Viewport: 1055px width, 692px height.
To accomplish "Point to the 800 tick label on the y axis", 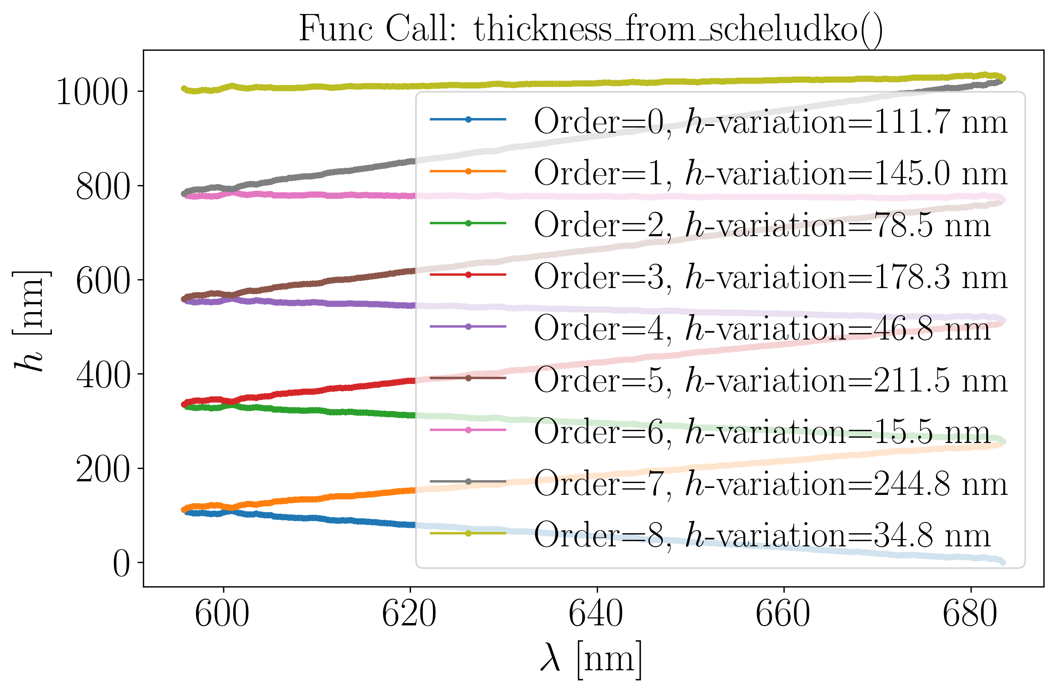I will (x=103, y=187).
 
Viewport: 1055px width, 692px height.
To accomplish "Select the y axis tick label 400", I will (x=103, y=375).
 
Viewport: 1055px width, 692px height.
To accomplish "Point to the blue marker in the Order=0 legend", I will (x=468, y=119).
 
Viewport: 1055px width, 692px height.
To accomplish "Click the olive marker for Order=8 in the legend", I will (x=468, y=533).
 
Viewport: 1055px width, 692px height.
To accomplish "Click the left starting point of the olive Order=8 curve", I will (x=184, y=88).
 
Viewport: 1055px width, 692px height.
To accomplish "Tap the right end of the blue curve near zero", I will (x=1003, y=563).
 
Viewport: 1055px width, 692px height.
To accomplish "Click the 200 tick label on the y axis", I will (x=103, y=469).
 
